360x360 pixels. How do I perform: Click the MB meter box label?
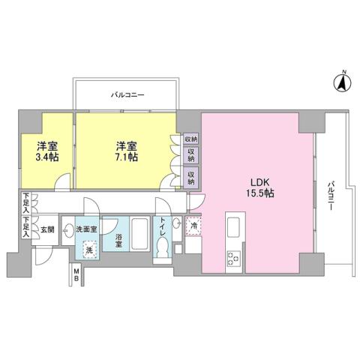click(x=76, y=275)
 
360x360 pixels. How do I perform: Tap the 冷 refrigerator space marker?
click(x=194, y=224)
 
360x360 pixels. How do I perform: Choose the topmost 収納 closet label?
click(x=190, y=139)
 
